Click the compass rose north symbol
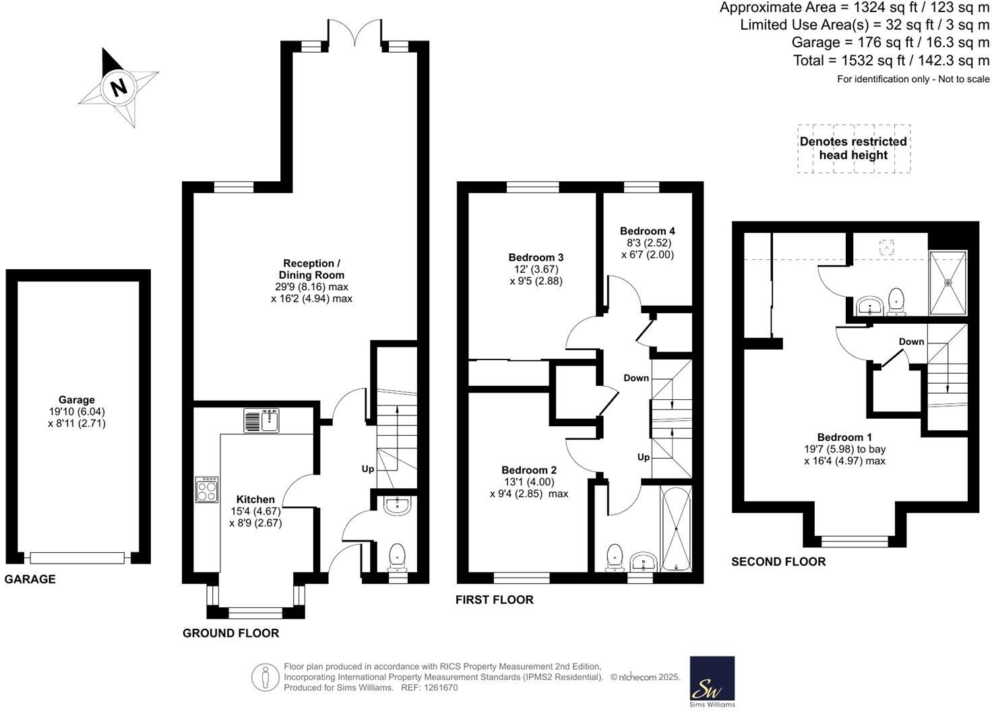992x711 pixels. point(119,87)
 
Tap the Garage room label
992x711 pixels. point(76,400)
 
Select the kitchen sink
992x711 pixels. point(262,421)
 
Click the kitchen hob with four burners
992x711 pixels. point(207,489)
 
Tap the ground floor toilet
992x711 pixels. point(398,556)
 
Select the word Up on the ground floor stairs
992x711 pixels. point(368,469)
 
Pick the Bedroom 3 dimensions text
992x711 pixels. point(536,275)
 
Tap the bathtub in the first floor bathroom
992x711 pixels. point(676,529)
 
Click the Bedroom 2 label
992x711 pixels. point(528,470)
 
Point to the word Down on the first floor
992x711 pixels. point(635,378)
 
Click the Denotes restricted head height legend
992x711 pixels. point(853,148)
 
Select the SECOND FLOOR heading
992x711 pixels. point(778,562)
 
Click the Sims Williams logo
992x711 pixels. point(712,682)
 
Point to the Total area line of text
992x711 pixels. point(891,61)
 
